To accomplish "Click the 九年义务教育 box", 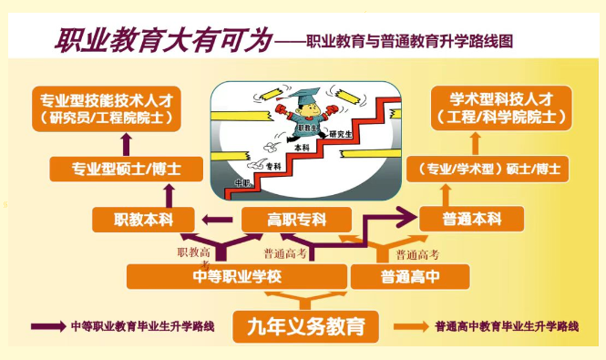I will pos(305,325).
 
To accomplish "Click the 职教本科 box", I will pos(144,220).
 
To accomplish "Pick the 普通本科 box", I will pos(471,219).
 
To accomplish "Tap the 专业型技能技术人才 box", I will pos(106,107).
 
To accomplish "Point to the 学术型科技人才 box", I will pos(501,107).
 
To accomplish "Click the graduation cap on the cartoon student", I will pos(300,95).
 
